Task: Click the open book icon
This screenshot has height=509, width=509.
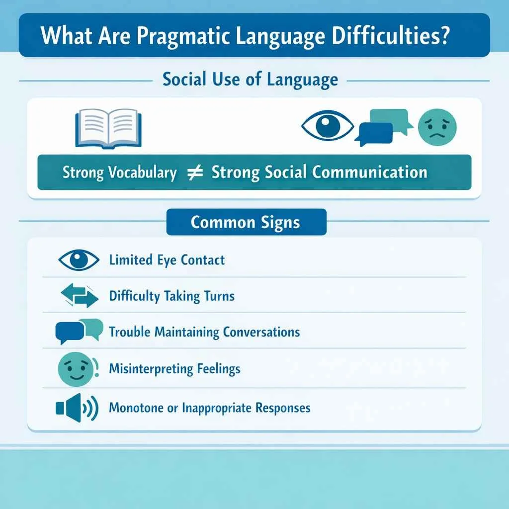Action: coord(108,128)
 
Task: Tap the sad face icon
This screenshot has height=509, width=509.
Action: coord(437,128)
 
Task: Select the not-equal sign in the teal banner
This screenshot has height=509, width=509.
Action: coord(194,173)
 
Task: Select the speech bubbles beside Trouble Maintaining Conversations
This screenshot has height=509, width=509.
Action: coord(79,331)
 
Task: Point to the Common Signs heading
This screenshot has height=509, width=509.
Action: coord(246,222)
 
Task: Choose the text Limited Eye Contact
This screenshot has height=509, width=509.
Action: coord(167,260)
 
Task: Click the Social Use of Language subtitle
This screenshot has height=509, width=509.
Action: coord(251,80)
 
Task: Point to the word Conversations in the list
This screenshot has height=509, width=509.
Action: coord(261,332)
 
